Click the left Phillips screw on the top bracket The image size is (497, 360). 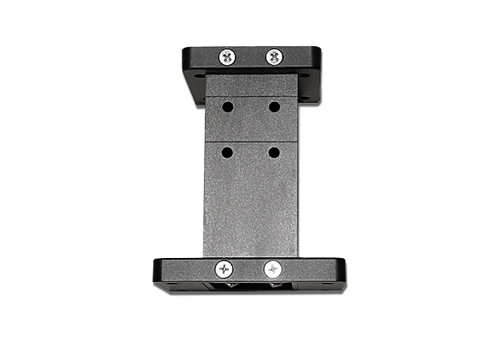click(227, 57)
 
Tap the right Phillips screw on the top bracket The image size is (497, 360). click(273, 57)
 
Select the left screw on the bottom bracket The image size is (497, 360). click(225, 268)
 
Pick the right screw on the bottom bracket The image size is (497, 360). click(273, 268)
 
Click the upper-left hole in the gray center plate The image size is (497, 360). click(228, 107)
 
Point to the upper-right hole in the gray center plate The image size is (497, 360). click(274, 107)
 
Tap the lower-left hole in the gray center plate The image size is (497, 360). click(227, 152)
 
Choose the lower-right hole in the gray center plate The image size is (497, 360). click(273, 152)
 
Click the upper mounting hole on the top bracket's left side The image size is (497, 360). click(200, 75)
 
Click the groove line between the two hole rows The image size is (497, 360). click(251, 141)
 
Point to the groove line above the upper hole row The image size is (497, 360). click(251, 96)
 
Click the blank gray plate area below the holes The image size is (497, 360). click(251, 206)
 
